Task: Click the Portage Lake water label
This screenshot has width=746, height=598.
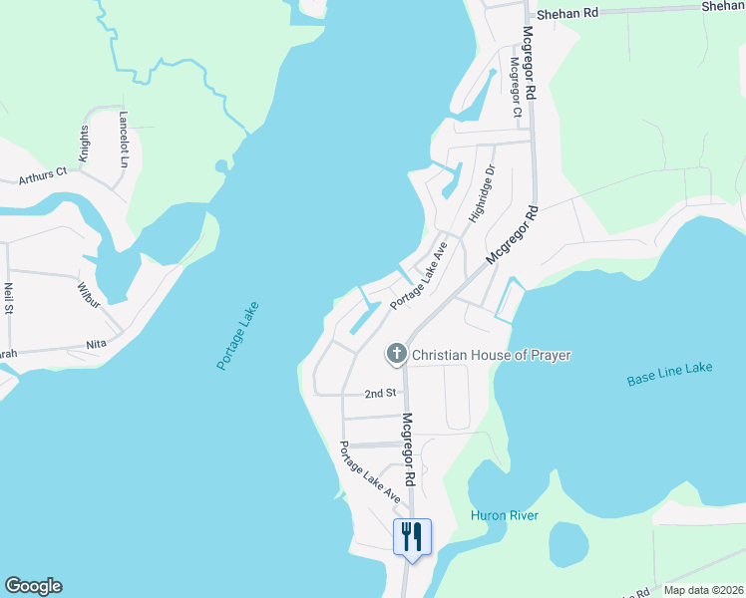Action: click(237, 336)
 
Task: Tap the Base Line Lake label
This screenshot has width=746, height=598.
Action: click(670, 375)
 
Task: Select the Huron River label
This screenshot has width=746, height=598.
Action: click(505, 515)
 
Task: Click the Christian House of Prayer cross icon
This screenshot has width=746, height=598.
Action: click(396, 354)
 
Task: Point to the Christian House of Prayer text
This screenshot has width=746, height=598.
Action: click(491, 355)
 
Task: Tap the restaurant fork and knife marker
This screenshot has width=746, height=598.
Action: click(412, 538)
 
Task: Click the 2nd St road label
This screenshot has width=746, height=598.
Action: click(381, 394)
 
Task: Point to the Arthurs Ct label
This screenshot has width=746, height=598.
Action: click(42, 176)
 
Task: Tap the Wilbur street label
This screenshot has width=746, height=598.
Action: click(90, 291)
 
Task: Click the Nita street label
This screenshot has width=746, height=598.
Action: click(96, 344)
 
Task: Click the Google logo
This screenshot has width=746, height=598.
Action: click(33, 586)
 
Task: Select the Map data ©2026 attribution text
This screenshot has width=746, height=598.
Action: click(702, 590)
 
